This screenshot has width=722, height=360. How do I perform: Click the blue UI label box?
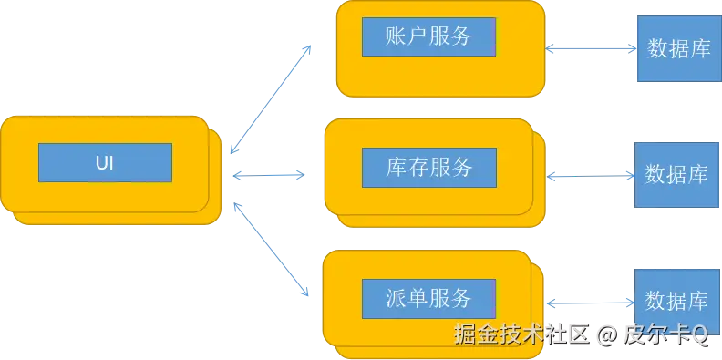point(105,162)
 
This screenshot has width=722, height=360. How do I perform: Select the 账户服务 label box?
point(428,36)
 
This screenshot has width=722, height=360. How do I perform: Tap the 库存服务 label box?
point(428,167)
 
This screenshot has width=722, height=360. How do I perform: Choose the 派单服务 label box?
point(428,298)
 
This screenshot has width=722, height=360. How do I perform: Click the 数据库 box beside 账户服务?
point(677,49)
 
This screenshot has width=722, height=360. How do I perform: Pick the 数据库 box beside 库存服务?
point(676,174)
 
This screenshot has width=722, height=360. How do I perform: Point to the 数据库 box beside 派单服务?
point(676,301)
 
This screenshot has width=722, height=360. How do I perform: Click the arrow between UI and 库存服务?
point(270,172)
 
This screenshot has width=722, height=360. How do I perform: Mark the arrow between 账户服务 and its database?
point(591,49)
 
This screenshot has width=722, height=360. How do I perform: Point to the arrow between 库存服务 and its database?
point(591,174)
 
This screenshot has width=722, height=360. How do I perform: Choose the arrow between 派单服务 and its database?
point(593,299)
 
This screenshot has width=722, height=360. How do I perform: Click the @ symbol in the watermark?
point(606,334)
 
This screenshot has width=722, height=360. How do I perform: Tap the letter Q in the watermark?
point(699,334)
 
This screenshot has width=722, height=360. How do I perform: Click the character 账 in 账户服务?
point(396,36)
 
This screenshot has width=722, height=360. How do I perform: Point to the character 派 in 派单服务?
point(396,298)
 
